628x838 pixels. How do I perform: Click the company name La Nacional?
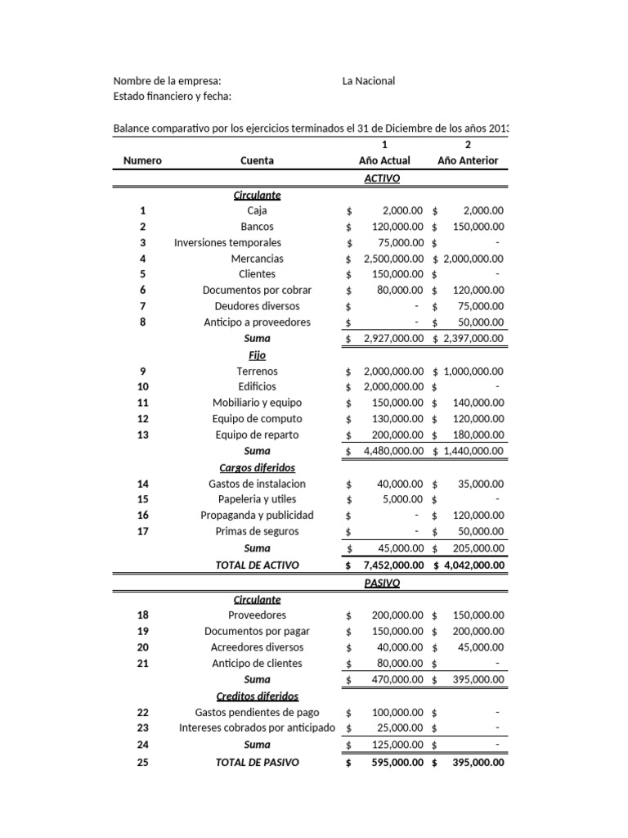pos(368,81)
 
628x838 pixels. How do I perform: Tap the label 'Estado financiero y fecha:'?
pos(172,97)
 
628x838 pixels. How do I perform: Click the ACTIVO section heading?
pos(381,178)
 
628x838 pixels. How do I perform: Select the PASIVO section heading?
pos(381,583)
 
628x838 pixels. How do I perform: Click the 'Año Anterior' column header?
pos(468,160)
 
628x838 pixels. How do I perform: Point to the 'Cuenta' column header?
pos(258,160)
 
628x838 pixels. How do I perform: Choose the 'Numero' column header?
pos(142,160)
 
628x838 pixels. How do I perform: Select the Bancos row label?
pos(258,227)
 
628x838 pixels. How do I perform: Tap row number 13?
pos(142,435)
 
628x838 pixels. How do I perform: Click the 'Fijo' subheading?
pos(258,355)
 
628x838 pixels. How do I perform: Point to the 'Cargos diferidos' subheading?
pos(258,467)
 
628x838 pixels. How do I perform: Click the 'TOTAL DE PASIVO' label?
pos(258,762)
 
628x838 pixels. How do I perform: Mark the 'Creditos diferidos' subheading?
pos(258,696)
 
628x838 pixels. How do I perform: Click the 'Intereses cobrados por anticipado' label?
pos(258,728)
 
